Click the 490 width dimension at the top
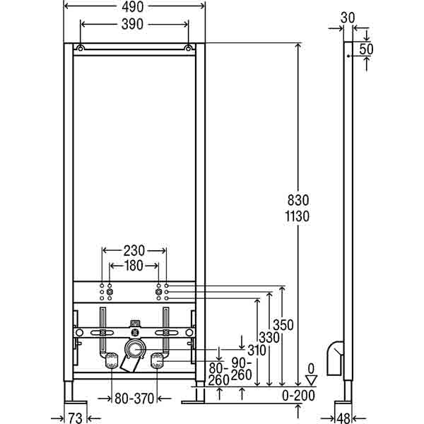click(x=134, y=6)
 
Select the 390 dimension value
click(x=134, y=24)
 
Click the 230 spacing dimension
click(x=134, y=250)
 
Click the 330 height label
click(x=269, y=338)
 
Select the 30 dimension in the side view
click(x=348, y=16)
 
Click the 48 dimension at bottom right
click(x=343, y=418)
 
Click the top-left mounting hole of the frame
click(x=81, y=49)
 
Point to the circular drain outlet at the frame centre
click(x=133, y=348)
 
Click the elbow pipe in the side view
click(x=336, y=357)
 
